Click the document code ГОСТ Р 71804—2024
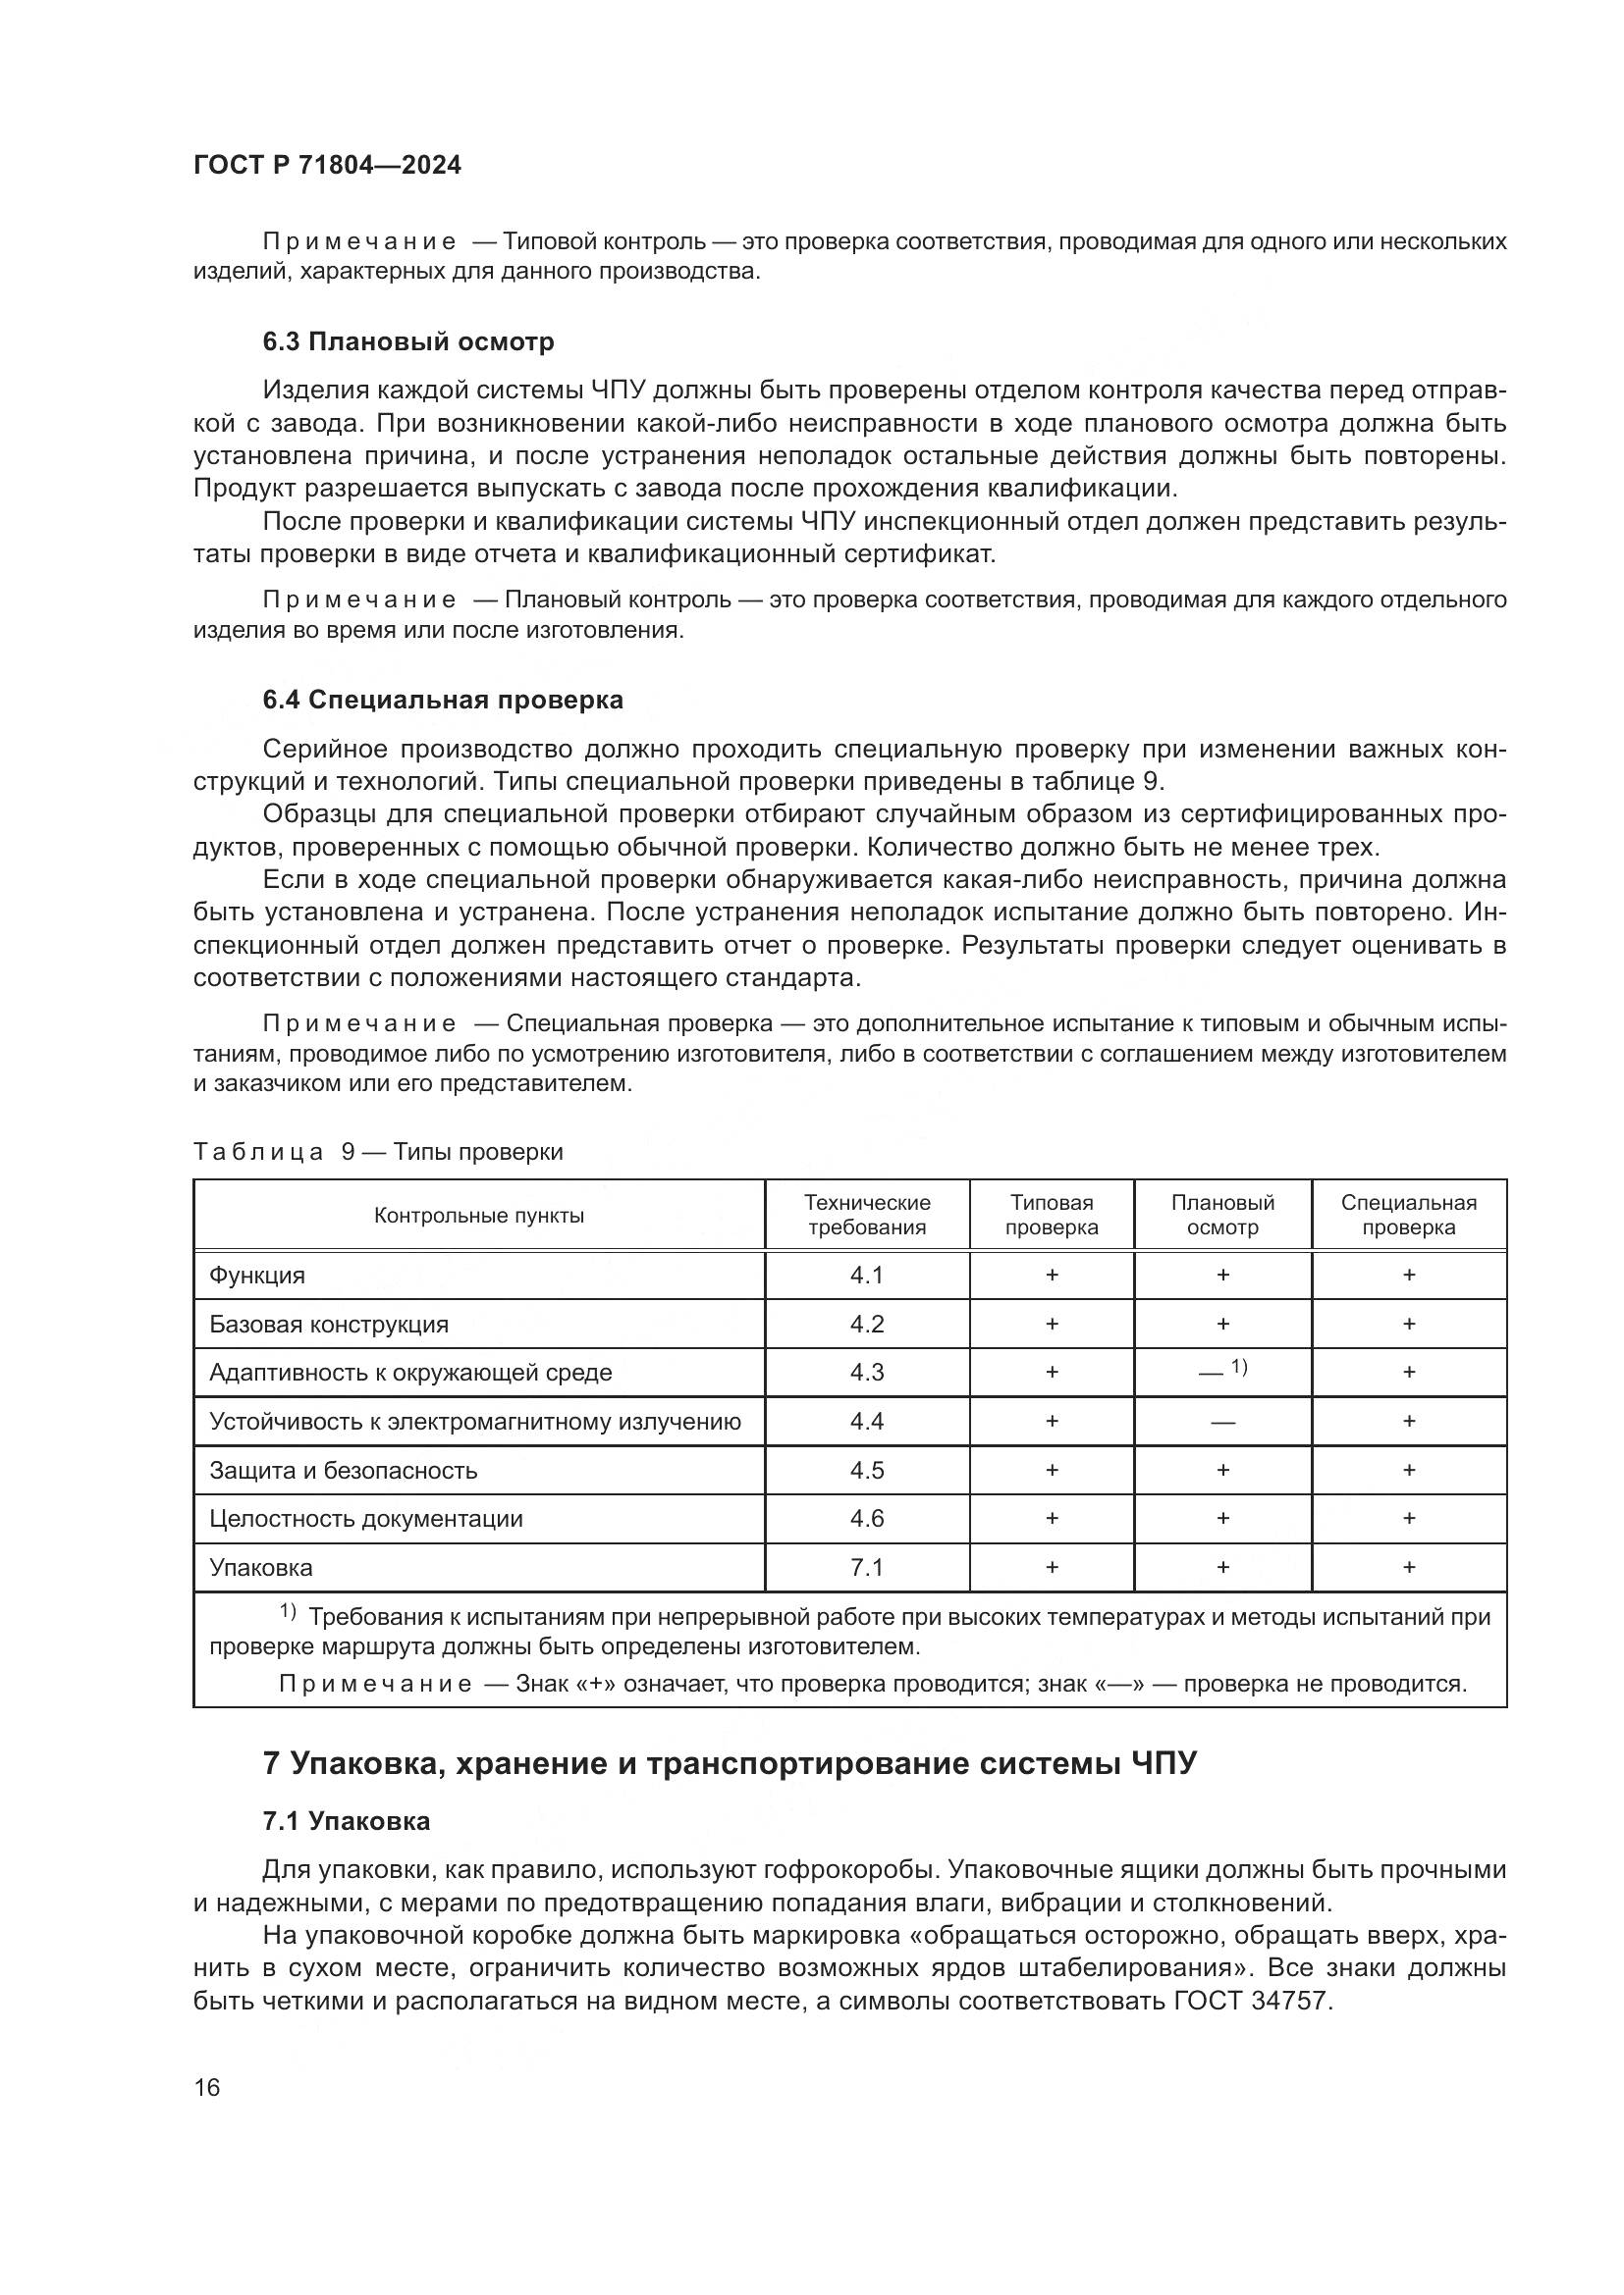pyautogui.click(x=327, y=166)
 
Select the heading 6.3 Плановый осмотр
pyautogui.click(x=408, y=341)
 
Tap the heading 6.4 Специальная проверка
pyautogui.click(x=442, y=700)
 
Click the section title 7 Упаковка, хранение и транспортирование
pyautogui.click(x=729, y=1763)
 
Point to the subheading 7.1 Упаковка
pyautogui.click(x=346, y=1821)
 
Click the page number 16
pyautogui.click(x=207, y=2087)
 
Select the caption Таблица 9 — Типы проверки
pyautogui.click(x=378, y=1152)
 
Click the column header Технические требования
pyautogui.click(x=867, y=1215)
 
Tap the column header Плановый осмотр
pyautogui.click(x=1222, y=1215)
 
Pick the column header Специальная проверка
pyautogui.click(x=1408, y=1215)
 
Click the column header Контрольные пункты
pyautogui.click(x=479, y=1216)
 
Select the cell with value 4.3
pyautogui.click(x=867, y=1373)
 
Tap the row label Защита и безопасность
pyautogui.click(x=343, y=1471)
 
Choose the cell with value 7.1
pyautogui.click(x=867, y=1567)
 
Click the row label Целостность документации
pyautogui.click(x=366, y=1518)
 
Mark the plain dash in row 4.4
pyautogui.click(x=1222, y=1422)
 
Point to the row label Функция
pyautogui.click(x=257, y=1276)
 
